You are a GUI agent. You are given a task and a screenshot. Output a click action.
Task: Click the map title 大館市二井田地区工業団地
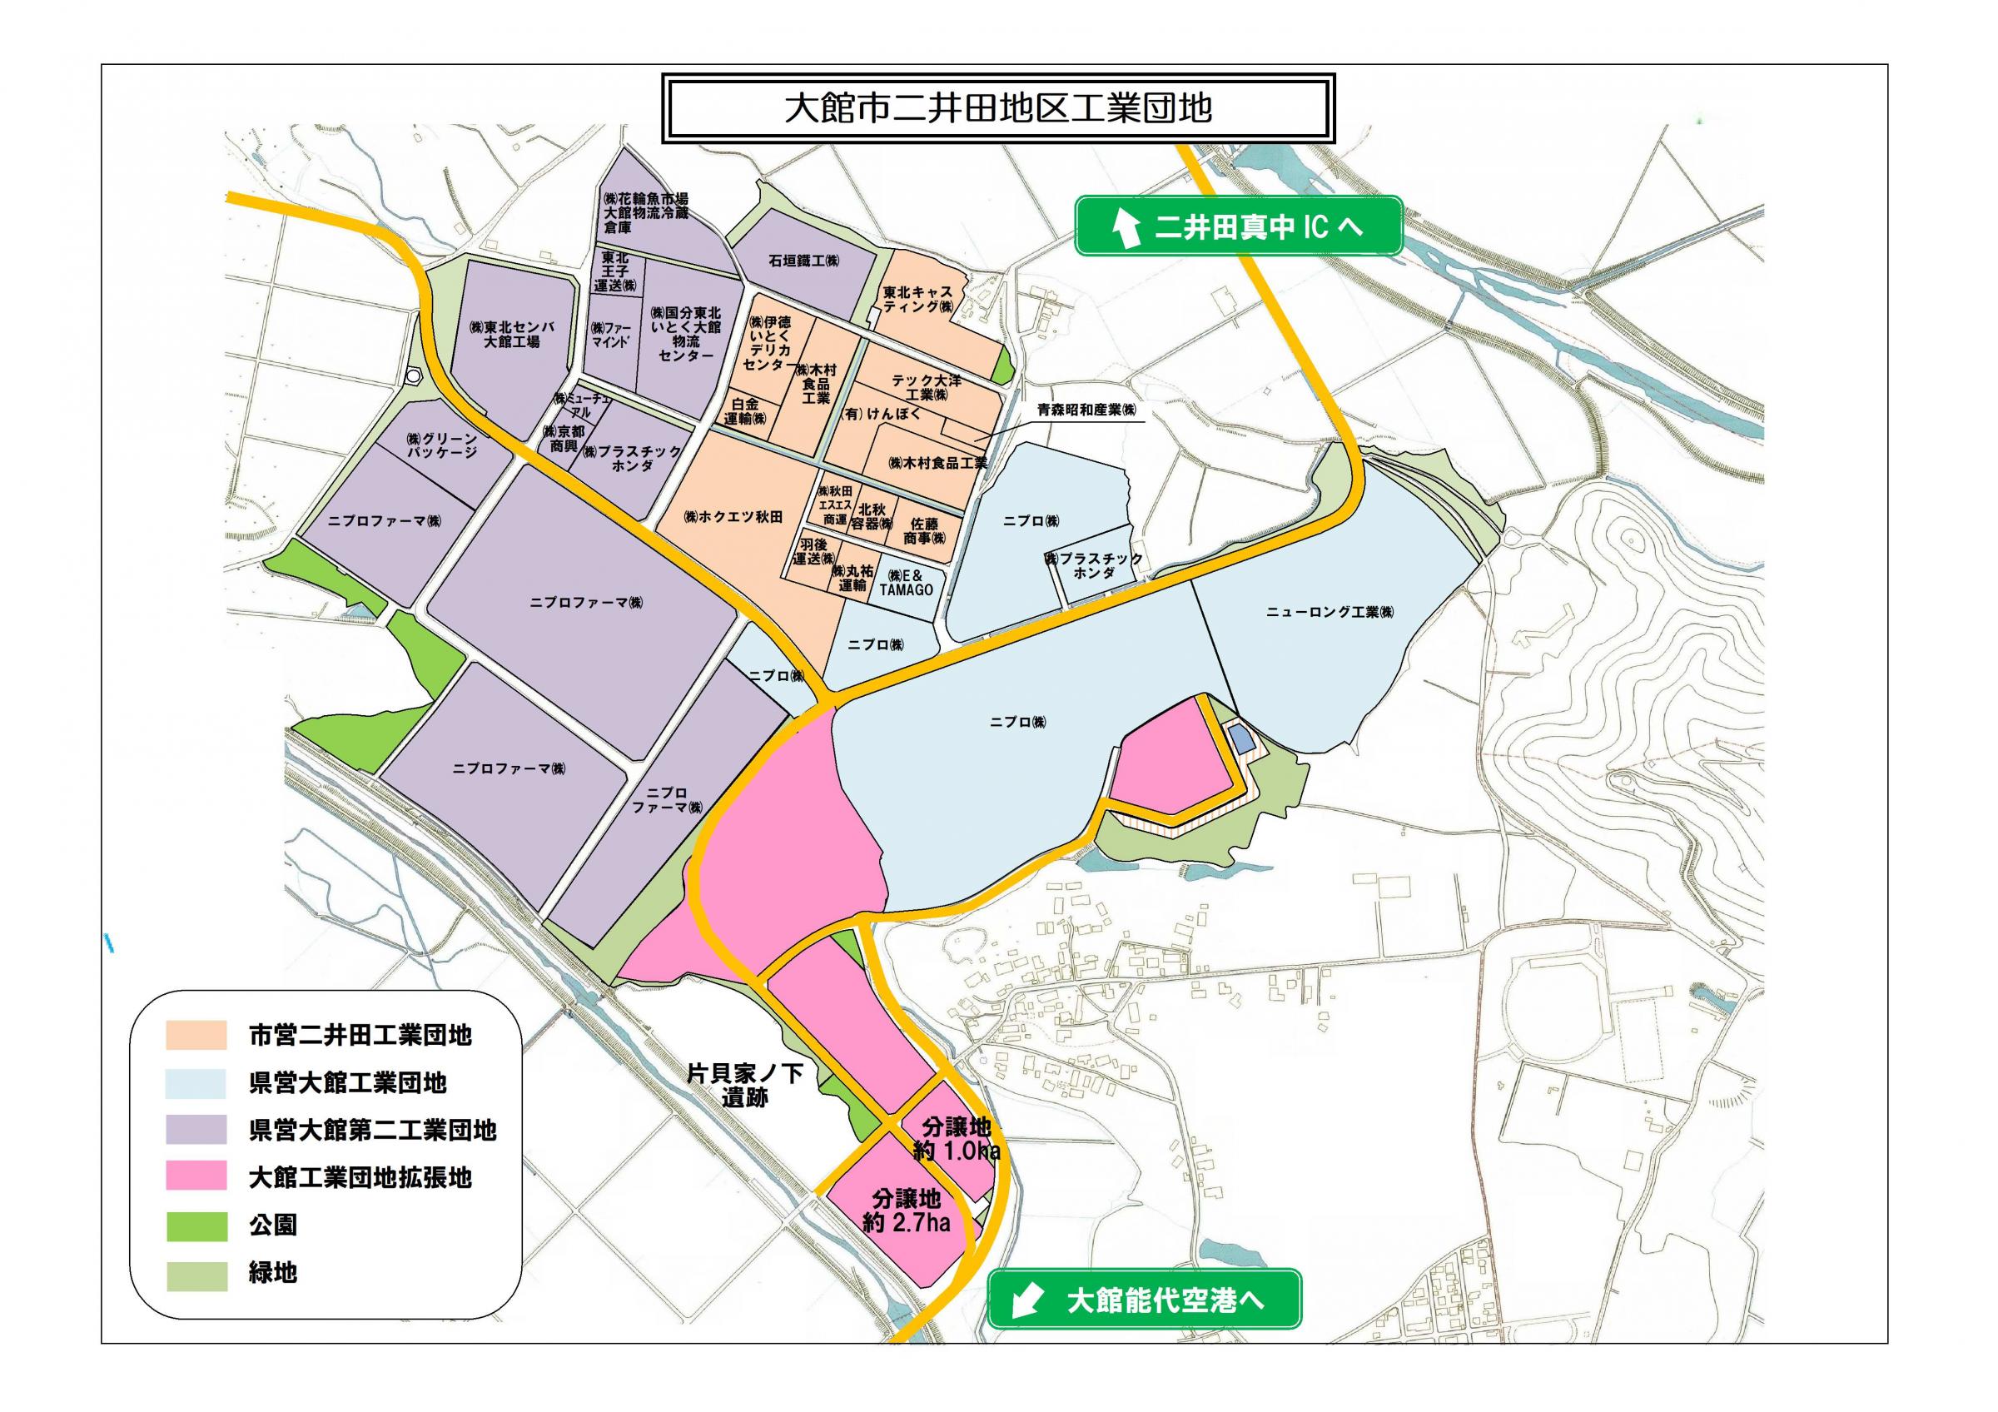click(x=997, y=109)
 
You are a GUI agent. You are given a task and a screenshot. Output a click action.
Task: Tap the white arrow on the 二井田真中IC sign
click(x=1127, y=227)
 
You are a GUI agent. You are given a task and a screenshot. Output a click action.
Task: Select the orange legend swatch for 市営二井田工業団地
click(x=196, y=1036)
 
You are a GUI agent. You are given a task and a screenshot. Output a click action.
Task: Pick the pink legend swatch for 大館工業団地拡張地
click(x=196, y=1177)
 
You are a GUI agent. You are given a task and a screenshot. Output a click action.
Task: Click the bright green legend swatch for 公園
click(x=196, y=1225)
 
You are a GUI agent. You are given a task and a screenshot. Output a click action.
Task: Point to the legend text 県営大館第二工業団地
click(x=372, y=1130)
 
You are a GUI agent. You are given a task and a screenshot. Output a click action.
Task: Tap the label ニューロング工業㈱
click(x=1329, y=613)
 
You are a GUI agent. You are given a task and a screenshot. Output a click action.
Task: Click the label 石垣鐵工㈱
click(x=803, y=260)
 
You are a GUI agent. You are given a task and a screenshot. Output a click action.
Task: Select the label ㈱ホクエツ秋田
click(x=733, y=517)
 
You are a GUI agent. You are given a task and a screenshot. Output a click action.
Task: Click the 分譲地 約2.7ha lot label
click(x=906, y=1211)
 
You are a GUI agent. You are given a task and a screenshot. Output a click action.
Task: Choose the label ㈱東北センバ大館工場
click(x=511, y=334)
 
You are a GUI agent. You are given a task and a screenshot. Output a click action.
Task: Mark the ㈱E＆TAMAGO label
click(x=906, y=583)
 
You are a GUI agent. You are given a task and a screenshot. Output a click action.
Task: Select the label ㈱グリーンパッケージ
click(x=443, y=445)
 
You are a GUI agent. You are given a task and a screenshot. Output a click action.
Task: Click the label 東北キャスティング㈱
click(x=918, y=301)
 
